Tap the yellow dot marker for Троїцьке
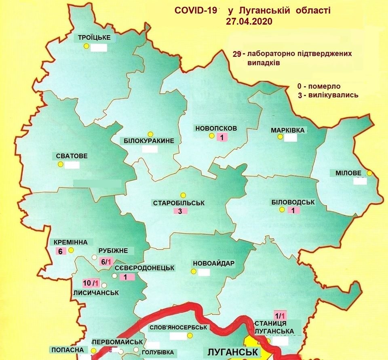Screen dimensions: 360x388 [86, 46]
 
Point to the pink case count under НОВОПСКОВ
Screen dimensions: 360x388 [222, 137]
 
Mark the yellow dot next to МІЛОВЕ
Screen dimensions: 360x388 [369, 173]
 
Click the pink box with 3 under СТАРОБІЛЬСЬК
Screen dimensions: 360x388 [181, 211]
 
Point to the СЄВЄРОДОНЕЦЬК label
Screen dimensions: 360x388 [144, 268]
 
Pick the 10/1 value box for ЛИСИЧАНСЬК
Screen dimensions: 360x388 [88, 282]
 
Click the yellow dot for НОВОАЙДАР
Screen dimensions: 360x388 [194, 272]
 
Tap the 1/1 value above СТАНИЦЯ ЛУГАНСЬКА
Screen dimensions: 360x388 [280, 315]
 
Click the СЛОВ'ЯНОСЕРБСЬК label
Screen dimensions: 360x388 [178, 328]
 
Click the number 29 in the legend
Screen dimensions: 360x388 [238, 54]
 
